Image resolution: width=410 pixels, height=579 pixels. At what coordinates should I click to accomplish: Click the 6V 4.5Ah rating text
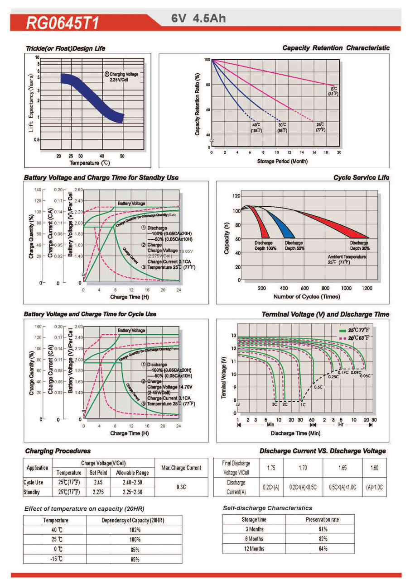click(x=198, y=19)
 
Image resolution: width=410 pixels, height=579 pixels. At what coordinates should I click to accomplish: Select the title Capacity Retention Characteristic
click(x=336, y=48)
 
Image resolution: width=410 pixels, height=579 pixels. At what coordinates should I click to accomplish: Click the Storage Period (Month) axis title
click(x=282, y=161)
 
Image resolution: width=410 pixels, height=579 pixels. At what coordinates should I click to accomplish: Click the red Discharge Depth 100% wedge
click(x=260, y=224)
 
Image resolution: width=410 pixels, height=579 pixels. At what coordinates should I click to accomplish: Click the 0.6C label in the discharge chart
click(x=318, y=387)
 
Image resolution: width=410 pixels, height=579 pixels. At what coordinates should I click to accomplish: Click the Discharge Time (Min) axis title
click(x=295, y=433)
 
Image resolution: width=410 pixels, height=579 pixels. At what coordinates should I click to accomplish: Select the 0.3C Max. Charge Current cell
click(x=181, y=487)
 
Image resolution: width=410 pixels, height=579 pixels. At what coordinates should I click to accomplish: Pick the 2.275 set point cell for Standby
click(x=98, y=492)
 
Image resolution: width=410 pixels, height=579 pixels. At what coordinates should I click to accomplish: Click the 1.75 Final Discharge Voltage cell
click(x=271, y=468)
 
